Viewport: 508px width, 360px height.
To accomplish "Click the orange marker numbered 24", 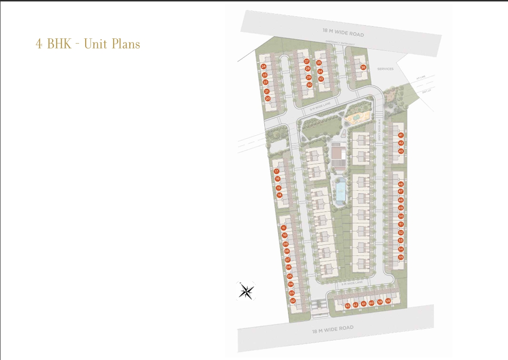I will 263,67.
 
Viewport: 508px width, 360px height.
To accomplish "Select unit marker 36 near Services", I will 363,67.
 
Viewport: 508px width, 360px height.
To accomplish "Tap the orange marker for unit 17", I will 276,171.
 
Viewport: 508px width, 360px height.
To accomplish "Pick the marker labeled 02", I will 293,301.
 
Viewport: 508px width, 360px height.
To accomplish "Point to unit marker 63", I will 348,305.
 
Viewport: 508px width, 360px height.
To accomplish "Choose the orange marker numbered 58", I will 388,301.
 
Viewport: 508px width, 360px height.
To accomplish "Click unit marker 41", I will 401,135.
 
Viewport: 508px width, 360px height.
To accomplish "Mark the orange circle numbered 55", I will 401,257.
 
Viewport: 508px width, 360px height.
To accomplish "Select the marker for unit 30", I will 309,85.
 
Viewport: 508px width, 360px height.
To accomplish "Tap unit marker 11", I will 283,228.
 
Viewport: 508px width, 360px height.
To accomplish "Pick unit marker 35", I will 319,63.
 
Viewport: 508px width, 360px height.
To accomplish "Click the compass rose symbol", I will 247,291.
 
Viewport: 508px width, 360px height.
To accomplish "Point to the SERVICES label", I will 385,69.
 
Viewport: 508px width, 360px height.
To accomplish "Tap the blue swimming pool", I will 340,191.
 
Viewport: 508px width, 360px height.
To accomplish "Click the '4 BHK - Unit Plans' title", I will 88,44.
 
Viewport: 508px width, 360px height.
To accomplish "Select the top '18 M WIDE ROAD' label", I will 343,33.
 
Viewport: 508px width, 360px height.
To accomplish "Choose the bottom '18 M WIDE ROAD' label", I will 332,329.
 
